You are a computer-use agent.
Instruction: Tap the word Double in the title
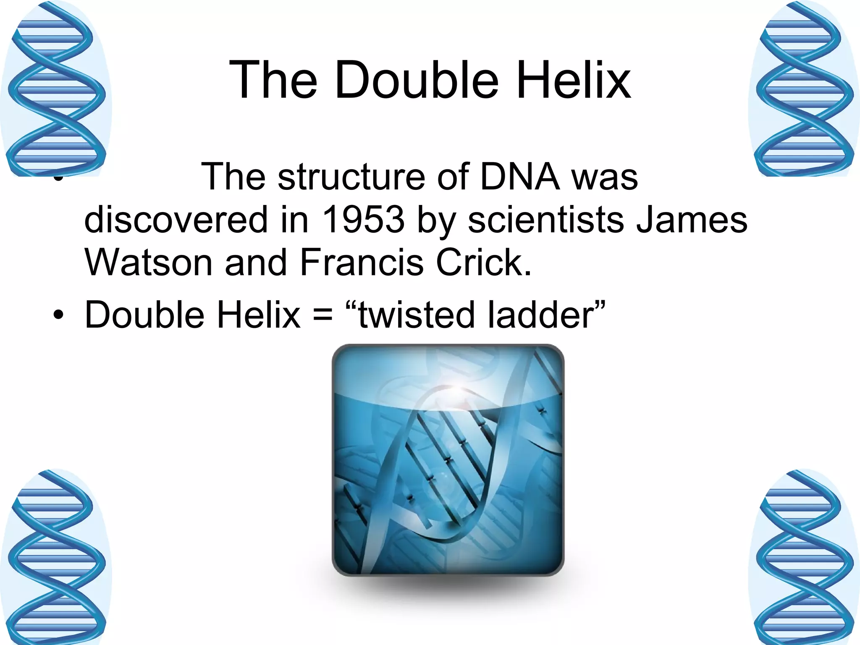(416, 80)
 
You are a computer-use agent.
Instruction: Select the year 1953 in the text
(363, 220)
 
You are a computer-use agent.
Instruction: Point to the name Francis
(362, 262)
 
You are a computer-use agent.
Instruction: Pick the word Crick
(483, 262)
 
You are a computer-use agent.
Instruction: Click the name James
(691, 220)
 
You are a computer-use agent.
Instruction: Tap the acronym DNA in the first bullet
(520, 177)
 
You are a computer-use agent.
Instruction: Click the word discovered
(176, 220)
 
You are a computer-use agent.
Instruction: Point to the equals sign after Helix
(322, 315)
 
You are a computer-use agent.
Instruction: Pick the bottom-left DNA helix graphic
(55, 557)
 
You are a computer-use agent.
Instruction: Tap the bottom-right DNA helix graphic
(804, 557)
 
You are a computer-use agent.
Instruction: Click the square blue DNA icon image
(448, 459)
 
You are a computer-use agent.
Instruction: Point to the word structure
(351, 177)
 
